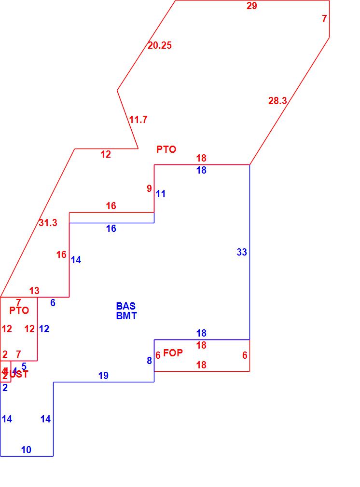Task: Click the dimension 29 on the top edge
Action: [x=252, y=6]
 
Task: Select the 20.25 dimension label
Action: [x=160, y=46]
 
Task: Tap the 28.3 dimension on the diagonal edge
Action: [x=277, y=101]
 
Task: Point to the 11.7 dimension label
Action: [x=138, y=120]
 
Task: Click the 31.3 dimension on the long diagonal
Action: [x=48, y=223]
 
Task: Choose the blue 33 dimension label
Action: [x=242, y=252]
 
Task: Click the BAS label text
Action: [x=126, y=306]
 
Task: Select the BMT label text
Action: [x=126, y=316]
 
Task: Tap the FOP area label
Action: [x=173, y=353]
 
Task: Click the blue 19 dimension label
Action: [x=103, y=376]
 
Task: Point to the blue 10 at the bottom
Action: [x=26, y=450]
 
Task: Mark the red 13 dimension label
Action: [x=34, y=291]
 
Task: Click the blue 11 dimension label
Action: [x=161, y=194]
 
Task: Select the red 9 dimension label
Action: [x=149, y=189]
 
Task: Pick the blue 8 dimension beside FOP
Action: [x=149, y=361]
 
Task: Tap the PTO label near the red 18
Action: [x=166, y=150]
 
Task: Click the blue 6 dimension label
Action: [x=53, y=303]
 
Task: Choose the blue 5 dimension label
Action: [x=24, y=366]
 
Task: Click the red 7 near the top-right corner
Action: [x=324, y=19]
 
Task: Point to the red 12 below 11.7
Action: [x=106, y=155]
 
